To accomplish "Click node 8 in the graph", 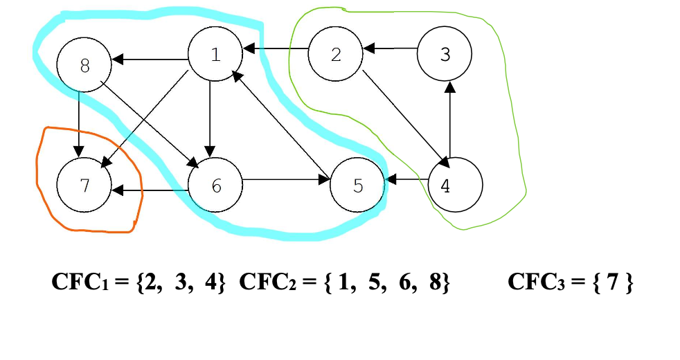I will (84, 66).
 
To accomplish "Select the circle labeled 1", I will (215, 55).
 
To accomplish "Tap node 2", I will (336, 55).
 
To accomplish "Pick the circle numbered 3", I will (445, 55).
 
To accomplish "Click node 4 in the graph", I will (455, 186).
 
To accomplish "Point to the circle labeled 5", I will (357, 186).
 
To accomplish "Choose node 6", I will (215, 186).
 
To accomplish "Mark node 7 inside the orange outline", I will (84, 186).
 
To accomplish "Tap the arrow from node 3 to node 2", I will (391, 49).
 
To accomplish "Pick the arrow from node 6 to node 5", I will (286, 182).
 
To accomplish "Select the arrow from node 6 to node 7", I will (150, 189).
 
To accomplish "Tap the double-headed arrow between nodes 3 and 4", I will (450, 120).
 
